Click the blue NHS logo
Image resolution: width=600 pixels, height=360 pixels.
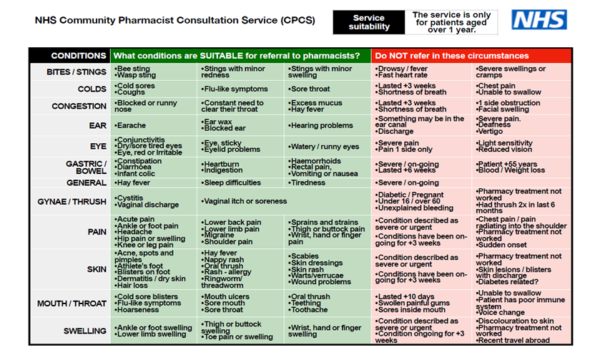[x=538, y=21]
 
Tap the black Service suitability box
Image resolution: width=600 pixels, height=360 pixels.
[x=369, y=22]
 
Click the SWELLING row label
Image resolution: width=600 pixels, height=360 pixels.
[x=84, y=331]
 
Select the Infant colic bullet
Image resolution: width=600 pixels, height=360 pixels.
[x=137, y=174]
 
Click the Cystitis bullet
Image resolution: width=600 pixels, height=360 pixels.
[x=132, y=198]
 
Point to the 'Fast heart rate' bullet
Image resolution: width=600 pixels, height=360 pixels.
[x=405, y=75]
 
